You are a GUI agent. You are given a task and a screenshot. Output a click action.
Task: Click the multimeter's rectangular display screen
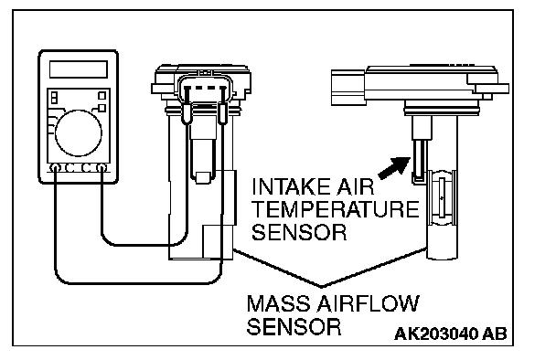tap(79, 69)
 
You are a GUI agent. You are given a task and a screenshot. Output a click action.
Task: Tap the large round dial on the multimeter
tap(79, 133)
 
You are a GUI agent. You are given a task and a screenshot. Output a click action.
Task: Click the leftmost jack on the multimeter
tap(55, 168)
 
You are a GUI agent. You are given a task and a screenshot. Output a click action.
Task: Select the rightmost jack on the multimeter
tap(102, 168)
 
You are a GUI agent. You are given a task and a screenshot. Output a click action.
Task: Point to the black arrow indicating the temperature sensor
tap(394, 167)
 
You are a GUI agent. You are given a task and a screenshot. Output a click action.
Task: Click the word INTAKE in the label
tap(291, 186)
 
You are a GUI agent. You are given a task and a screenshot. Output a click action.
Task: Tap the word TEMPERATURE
tap(336, 209)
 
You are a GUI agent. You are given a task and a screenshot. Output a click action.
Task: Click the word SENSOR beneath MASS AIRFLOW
tap(294, 327)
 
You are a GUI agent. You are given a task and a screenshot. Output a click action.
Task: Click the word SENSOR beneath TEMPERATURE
tap(299, 232)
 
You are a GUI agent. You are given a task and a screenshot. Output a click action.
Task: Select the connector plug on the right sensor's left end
tap(347, 88)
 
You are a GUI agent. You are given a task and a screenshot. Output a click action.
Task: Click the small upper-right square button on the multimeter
tap(102, 96)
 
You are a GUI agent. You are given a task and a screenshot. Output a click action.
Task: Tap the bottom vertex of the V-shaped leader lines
tap(322, 286)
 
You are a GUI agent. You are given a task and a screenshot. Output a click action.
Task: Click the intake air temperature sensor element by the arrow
tap(420, 161)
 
